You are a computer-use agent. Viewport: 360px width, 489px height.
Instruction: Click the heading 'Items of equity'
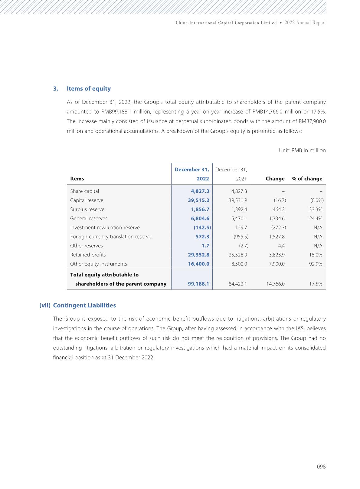click(89, 89)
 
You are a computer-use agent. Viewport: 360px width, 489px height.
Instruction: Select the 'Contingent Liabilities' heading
click(84, 305)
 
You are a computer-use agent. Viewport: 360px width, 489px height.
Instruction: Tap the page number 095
click(321, 467)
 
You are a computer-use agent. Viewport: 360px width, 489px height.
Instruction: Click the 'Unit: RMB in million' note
click(302, 150)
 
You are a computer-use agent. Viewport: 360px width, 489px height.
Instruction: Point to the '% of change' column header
click(307, 179)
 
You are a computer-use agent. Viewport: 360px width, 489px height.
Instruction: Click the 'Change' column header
click(275, 179)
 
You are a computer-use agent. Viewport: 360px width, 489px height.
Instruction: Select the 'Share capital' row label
click(84, 191)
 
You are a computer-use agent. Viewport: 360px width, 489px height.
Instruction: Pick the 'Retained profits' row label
click(88, 255)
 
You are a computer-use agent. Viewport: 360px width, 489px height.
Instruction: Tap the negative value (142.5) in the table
click(202, 227)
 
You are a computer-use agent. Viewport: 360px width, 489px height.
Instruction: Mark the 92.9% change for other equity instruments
click(316, 264)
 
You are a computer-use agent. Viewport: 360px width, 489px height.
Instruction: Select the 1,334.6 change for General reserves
click(277, 218)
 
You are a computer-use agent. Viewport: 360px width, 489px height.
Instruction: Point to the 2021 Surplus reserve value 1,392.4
click(239, 209)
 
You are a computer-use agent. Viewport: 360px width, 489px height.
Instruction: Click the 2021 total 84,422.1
click(238, 284)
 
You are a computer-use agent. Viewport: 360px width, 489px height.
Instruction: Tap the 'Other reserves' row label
click(87, 246)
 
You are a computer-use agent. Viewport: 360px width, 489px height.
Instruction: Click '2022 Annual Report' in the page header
click(305, 23)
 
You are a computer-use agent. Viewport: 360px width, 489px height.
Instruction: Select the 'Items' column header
click(77, 179)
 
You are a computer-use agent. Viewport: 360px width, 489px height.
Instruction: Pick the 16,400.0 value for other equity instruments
click(198, 264)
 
